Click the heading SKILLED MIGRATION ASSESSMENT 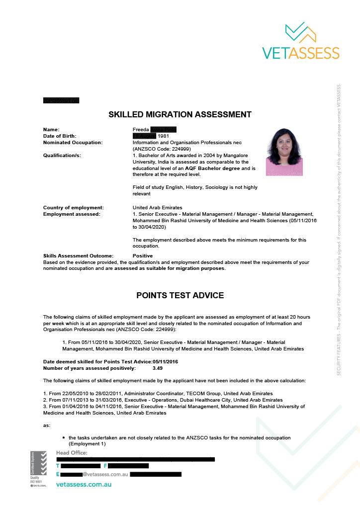[180, 115]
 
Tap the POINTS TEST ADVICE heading [180, 295]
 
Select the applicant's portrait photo [284, 152]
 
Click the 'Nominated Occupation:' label [73, 142]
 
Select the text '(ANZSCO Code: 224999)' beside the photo [162, 149]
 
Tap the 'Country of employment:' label [73, 207]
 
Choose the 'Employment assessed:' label [71, 214]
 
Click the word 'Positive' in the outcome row [143, 255]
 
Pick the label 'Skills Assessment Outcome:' [78, 255]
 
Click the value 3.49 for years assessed [158, 368]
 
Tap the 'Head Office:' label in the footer [72, 453]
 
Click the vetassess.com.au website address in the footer [84, 484]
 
